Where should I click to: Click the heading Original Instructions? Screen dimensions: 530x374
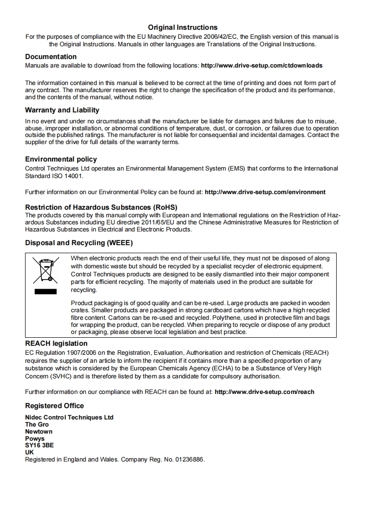(x=183, y=27)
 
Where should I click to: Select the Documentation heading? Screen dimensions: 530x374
(x=51, y=57)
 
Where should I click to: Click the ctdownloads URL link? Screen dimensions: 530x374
(x=261, y=65)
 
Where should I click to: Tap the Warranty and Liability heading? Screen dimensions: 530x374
(x=62, y=110)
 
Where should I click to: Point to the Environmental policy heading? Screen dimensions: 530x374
(x=61, y=159)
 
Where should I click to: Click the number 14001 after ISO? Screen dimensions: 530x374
(x=66, y=176)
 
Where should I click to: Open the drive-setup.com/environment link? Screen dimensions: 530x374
(x=265, y=192)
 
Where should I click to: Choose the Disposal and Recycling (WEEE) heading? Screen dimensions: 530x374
(x=79, y=243)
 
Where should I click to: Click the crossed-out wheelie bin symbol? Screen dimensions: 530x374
(x=45, y=270)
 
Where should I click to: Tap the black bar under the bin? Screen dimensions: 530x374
(x=45, y=291)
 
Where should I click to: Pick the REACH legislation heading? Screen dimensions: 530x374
(x=56, y=343)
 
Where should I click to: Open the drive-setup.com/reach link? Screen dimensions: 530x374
(x=264, y=392)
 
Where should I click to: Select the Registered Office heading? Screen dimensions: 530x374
(x=54, y=406)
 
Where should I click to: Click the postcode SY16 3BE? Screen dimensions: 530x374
(x=39, y=445)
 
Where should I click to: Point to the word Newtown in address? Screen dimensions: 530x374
(x=39, y=431)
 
